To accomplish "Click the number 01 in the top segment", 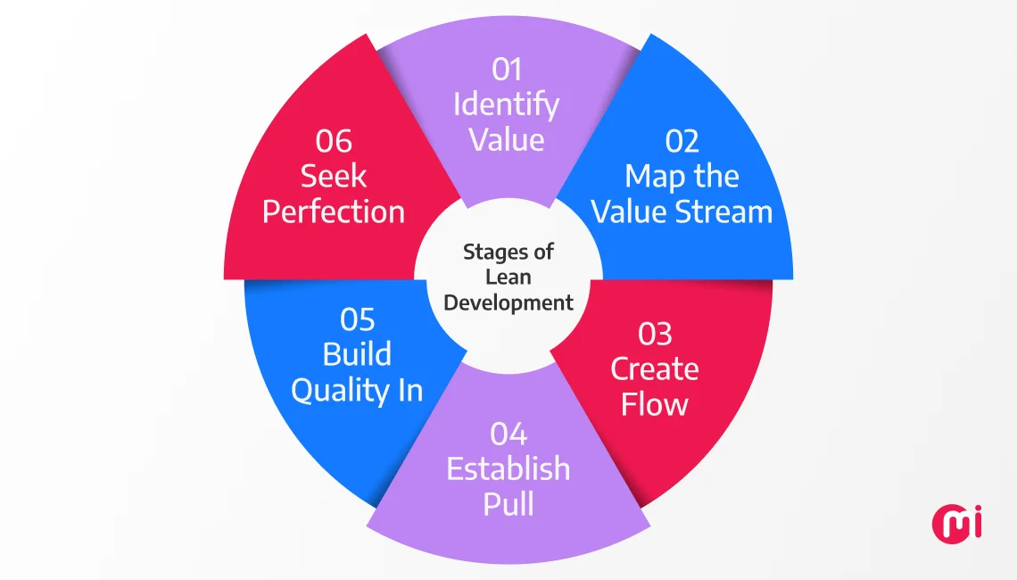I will coord(507,69).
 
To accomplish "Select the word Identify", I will coord(507,105).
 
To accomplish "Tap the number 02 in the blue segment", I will coord(682,141).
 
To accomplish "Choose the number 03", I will coord(655,334).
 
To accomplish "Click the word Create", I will coord(655,369).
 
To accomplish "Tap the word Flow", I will coord(655,404).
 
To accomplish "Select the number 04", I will coord(508,434).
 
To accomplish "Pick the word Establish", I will coord(508,468).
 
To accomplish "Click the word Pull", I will coord(508,504).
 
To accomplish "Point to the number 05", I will coord(358,319).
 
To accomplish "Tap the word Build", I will coord(358,354).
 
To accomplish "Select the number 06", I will coord(334,141).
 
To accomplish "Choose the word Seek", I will coord(334,177).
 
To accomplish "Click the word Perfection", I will coord(334,212).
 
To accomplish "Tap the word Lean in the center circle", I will coord(508,278).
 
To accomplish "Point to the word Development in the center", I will coord(508,302).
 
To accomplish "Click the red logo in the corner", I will coord(957,523).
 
